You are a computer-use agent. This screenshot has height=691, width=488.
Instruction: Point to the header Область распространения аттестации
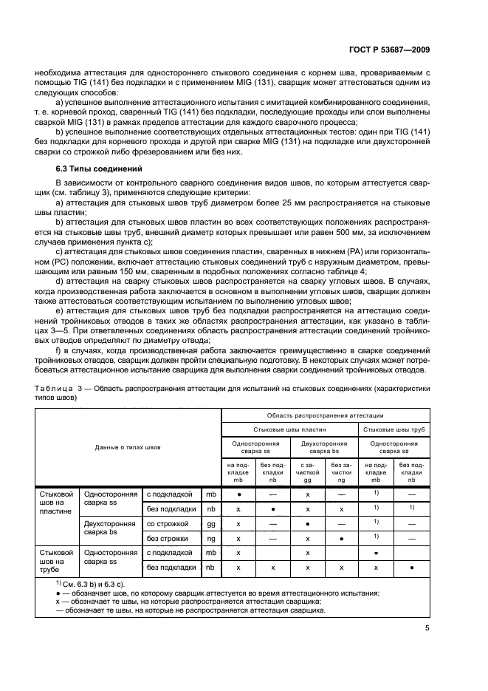326,416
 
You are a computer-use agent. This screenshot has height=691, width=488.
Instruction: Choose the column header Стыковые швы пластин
289,429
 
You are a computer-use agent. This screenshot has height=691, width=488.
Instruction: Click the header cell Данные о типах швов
128,446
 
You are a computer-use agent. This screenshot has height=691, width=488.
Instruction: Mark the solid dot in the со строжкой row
307,523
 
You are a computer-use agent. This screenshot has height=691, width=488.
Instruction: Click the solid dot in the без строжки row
341,538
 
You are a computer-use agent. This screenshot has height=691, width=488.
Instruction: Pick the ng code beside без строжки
210,538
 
